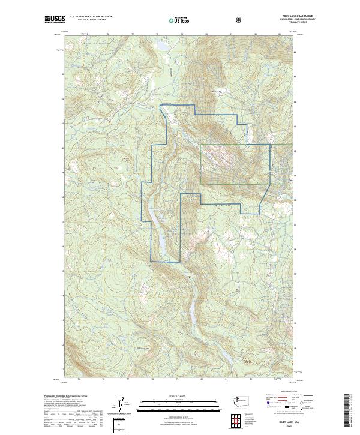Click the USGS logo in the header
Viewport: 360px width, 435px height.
(54, 19)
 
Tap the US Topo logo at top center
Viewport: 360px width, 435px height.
(173, 20)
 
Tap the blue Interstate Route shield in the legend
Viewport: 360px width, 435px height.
(262, 407)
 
